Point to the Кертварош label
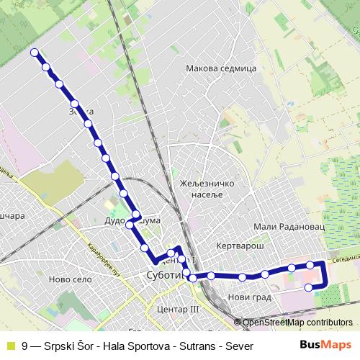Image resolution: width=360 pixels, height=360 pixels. [x=242, y=246]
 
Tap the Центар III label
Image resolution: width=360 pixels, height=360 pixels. [x=176, y=308]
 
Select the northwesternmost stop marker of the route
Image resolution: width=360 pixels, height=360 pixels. [x=35, y=52]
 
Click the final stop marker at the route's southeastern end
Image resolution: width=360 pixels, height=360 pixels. [x=309, y=287]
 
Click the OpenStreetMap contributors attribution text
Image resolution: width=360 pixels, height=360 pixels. [x=297, y=323]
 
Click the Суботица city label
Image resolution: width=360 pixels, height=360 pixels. [x=163, y=274]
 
